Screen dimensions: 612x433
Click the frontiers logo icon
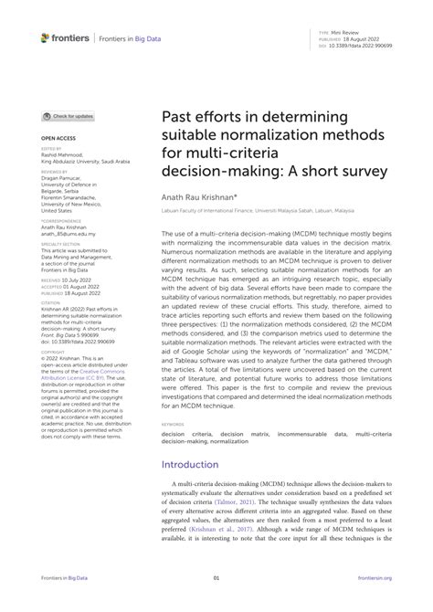47,37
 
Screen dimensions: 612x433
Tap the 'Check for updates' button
69,117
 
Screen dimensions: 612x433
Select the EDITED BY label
51,148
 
